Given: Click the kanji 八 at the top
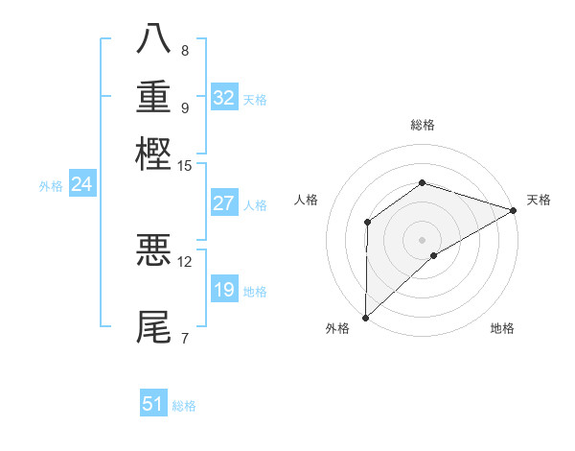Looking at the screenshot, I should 154,40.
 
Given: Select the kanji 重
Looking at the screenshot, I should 154,97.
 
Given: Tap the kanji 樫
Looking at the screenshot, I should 154,154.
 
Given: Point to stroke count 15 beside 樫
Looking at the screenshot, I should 185,166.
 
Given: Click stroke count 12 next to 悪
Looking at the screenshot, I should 185,261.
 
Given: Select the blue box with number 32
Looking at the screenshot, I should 224,98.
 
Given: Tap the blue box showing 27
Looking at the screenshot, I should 224,203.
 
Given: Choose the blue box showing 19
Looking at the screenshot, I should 224,290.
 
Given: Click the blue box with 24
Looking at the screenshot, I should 81,184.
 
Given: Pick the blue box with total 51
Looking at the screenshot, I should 153,404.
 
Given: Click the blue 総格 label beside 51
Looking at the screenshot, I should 184,406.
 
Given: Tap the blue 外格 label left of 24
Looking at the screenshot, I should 51,186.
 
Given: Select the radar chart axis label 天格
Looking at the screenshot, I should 539,200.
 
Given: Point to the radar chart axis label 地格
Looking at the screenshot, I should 502,329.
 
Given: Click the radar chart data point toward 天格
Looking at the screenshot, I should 513,210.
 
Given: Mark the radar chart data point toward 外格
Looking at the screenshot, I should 365,317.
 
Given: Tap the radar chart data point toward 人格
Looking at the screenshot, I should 367,223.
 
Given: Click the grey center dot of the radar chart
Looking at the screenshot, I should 422,239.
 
